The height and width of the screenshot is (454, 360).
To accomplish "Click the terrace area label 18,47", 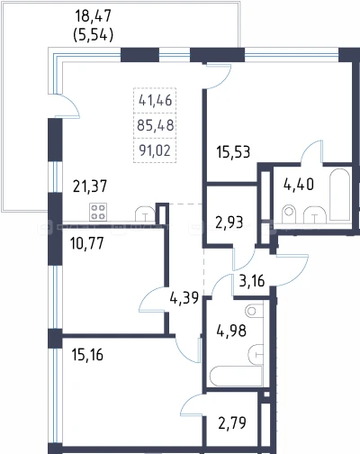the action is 93,16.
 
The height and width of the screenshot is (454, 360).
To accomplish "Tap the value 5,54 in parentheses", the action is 93,35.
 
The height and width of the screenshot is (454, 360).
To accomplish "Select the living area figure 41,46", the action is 155,100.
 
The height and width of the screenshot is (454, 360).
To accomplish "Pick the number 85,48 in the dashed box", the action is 155,125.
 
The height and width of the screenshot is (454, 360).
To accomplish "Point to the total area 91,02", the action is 155,150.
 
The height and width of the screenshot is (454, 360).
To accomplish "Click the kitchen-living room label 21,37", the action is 90,186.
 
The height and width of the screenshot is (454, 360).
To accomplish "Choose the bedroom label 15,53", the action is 233,152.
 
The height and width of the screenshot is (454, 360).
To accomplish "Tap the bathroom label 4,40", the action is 299,184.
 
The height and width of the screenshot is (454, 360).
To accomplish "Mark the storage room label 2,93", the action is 229,222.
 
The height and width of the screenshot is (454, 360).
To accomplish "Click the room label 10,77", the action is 86,243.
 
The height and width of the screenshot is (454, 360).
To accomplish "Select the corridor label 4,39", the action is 184,298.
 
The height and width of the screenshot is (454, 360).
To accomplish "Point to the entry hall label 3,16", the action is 252,281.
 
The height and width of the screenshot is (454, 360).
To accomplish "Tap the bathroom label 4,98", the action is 231,331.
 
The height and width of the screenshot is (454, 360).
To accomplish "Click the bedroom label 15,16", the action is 87,355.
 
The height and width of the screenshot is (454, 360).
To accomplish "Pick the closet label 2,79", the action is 232,422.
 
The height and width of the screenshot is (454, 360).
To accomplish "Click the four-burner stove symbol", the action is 98,212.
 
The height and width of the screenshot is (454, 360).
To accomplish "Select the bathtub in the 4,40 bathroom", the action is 339,195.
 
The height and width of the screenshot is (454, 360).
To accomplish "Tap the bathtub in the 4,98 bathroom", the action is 236,376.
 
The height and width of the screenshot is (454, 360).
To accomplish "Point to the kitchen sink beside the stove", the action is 145,213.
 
